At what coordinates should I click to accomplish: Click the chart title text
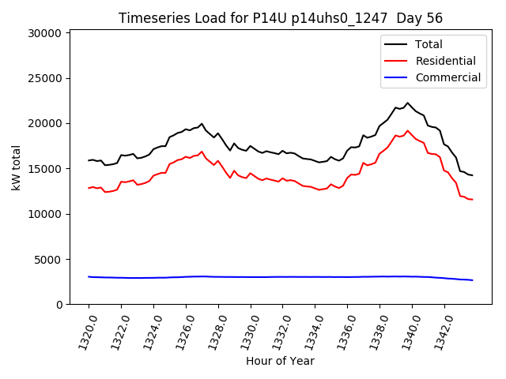click(x=280, y=18)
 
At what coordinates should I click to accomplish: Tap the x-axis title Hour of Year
click(x=280, y=361)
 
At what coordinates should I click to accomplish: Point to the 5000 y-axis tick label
click(x=48, y=260)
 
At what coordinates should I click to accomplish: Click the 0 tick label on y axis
click(x=59, y=305)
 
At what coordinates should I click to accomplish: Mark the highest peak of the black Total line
click(x=408, y=103)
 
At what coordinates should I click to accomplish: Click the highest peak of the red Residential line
click(x=408, y=131)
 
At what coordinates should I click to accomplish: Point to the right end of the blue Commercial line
click(x=472, y=280)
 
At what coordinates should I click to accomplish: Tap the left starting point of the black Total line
click(x=89, y=160)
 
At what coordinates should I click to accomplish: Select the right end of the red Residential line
click(x=472, y=200)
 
